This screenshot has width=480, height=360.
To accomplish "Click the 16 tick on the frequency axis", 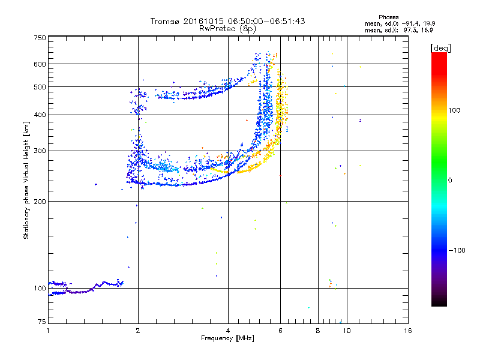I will (x=407, y=331).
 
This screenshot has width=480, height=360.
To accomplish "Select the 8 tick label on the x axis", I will (x=318, y=331).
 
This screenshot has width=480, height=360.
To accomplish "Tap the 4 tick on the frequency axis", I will (x=228, y=331).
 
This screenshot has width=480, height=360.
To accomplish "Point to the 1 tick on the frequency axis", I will (x=48, y=331).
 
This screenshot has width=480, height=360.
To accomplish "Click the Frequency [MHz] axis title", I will (x=227, y=338).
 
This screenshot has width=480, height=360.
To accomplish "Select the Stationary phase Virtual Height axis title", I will (x=26, y=180).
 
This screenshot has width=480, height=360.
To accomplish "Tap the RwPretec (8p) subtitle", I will (x=227, y=28).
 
